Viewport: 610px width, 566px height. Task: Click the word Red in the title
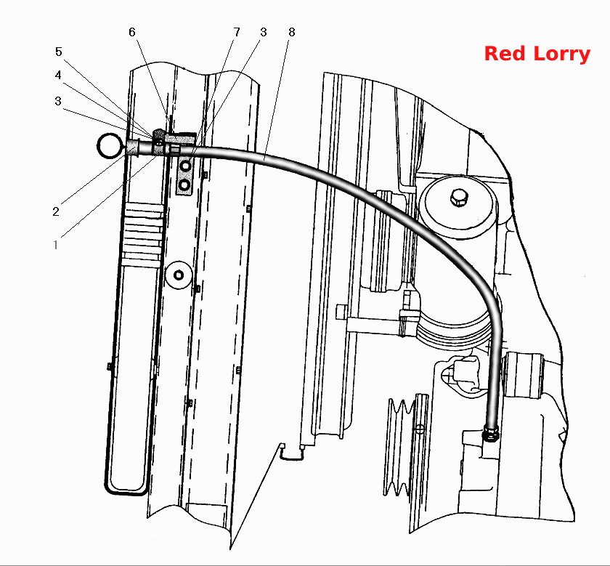505,53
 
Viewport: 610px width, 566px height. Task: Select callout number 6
132,32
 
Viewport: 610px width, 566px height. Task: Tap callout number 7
237,32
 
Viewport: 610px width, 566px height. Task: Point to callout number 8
292,32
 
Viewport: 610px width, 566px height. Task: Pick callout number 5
58,52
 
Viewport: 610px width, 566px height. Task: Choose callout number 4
58,75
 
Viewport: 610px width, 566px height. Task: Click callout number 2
56,211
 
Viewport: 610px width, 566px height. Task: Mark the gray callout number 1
56,245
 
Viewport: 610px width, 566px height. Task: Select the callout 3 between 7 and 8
264,32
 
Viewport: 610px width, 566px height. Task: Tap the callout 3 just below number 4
58,101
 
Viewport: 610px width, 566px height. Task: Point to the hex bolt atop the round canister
459,198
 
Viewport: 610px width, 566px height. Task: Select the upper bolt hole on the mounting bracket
186,166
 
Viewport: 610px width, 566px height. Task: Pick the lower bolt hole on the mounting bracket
185,185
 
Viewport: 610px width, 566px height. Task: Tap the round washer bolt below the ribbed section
179,275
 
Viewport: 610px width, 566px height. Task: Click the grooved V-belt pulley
399,447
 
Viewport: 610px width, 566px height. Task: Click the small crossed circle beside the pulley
420,429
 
